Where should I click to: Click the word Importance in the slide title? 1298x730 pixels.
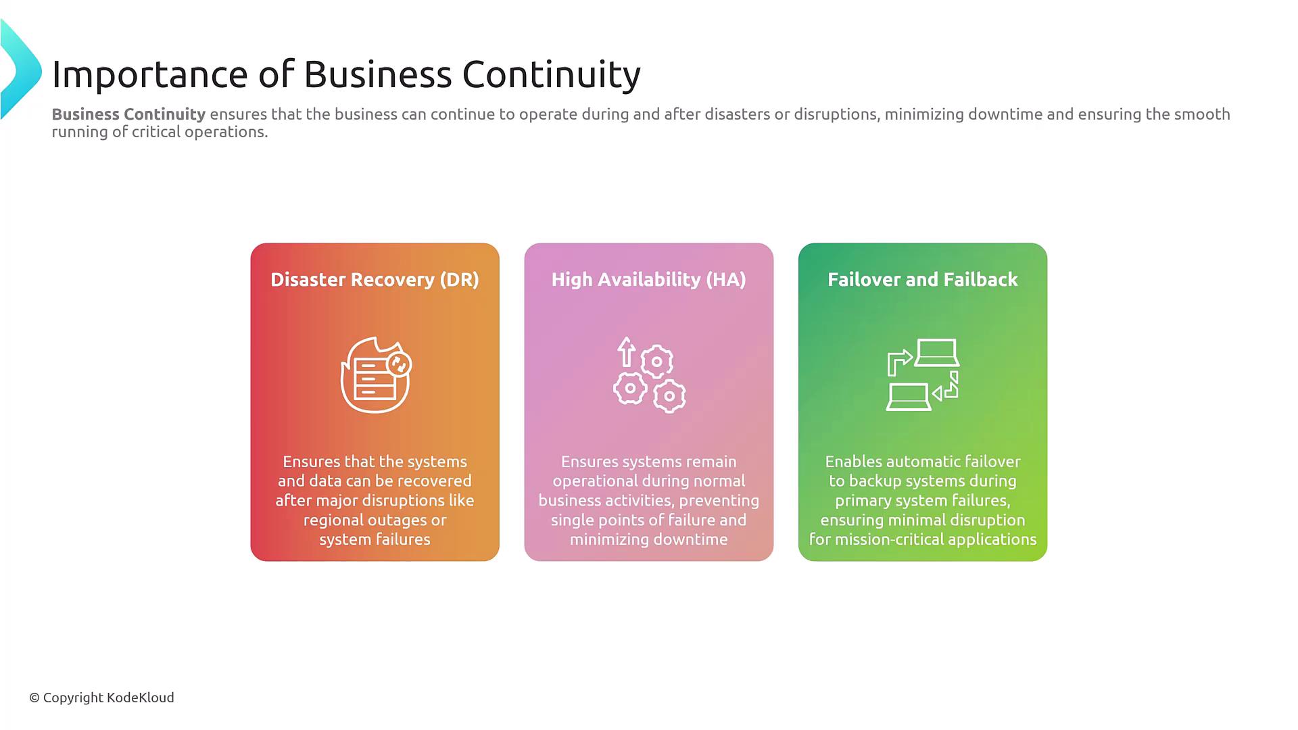pyautogui.click(x=150, y=74)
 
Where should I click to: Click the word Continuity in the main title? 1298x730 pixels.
pyautogui.click(x=551, y=74)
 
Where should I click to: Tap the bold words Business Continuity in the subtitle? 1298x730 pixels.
pyautogui.click(x=128, y=114)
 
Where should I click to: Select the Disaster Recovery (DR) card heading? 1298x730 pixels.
pyautogui.click(x=375, y=280)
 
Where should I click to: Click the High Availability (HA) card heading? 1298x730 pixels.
pyautogui.click(x=649, y=280)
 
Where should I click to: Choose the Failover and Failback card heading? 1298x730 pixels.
pyautogui.click(x=923, y=280)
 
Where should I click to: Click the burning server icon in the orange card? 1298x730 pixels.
pyautogui.click(x=376, y=374)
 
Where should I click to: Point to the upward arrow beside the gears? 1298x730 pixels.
pyautogui.click(x=626, y=351)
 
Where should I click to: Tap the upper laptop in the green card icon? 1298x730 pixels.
pyautogui.click(x=937, y=352)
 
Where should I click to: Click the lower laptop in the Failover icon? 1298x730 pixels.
pyautogui.click(x=909, y=397)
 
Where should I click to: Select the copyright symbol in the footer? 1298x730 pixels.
pyautogui.click(x=34, y=698)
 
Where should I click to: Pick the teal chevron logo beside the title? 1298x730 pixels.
pyautogui.click(x=20, y=70)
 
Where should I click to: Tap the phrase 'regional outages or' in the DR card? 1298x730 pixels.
pyautogui.click(x=375, y=520)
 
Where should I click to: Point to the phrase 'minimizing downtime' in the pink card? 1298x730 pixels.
pyautogui.click(x=649, y=539)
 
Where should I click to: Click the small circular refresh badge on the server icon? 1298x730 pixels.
pyautogui.click(x=399, y=365)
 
